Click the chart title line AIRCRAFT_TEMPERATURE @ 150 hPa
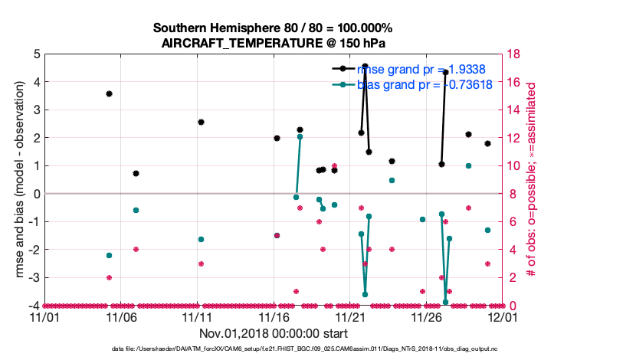(x=274, y=43)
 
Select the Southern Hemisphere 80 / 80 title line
(x=274, y=28)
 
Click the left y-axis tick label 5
(x=37, y=54)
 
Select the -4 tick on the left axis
(x=34, y=306)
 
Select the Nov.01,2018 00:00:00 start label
(x=274, y=333)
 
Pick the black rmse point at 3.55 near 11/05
(x=109, y=93)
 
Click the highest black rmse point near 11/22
(x=365, y=67)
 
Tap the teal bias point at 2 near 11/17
(x=300, y=137)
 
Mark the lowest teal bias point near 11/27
(x=446, y=302)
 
